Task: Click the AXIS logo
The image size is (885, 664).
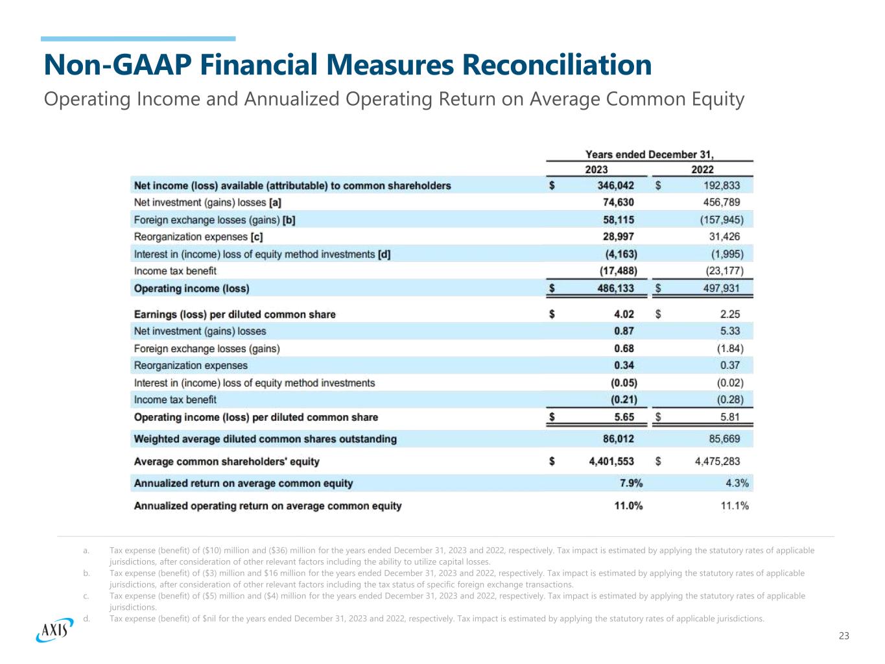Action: [54, 628]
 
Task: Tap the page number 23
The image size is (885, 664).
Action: [844, 635]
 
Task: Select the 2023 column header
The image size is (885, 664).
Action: [596, 169]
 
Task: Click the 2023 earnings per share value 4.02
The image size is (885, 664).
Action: [624, 314]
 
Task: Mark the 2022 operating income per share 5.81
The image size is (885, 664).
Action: [729, 417]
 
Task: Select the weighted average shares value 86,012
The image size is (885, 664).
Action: [619, 439]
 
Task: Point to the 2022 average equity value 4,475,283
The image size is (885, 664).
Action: [717, 461]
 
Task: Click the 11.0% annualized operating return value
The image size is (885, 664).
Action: [628, 506]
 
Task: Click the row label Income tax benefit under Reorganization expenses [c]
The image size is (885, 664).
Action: [175, 271]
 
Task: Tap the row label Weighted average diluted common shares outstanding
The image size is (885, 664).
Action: [265, 439]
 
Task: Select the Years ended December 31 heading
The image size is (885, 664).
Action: [650, 154]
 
